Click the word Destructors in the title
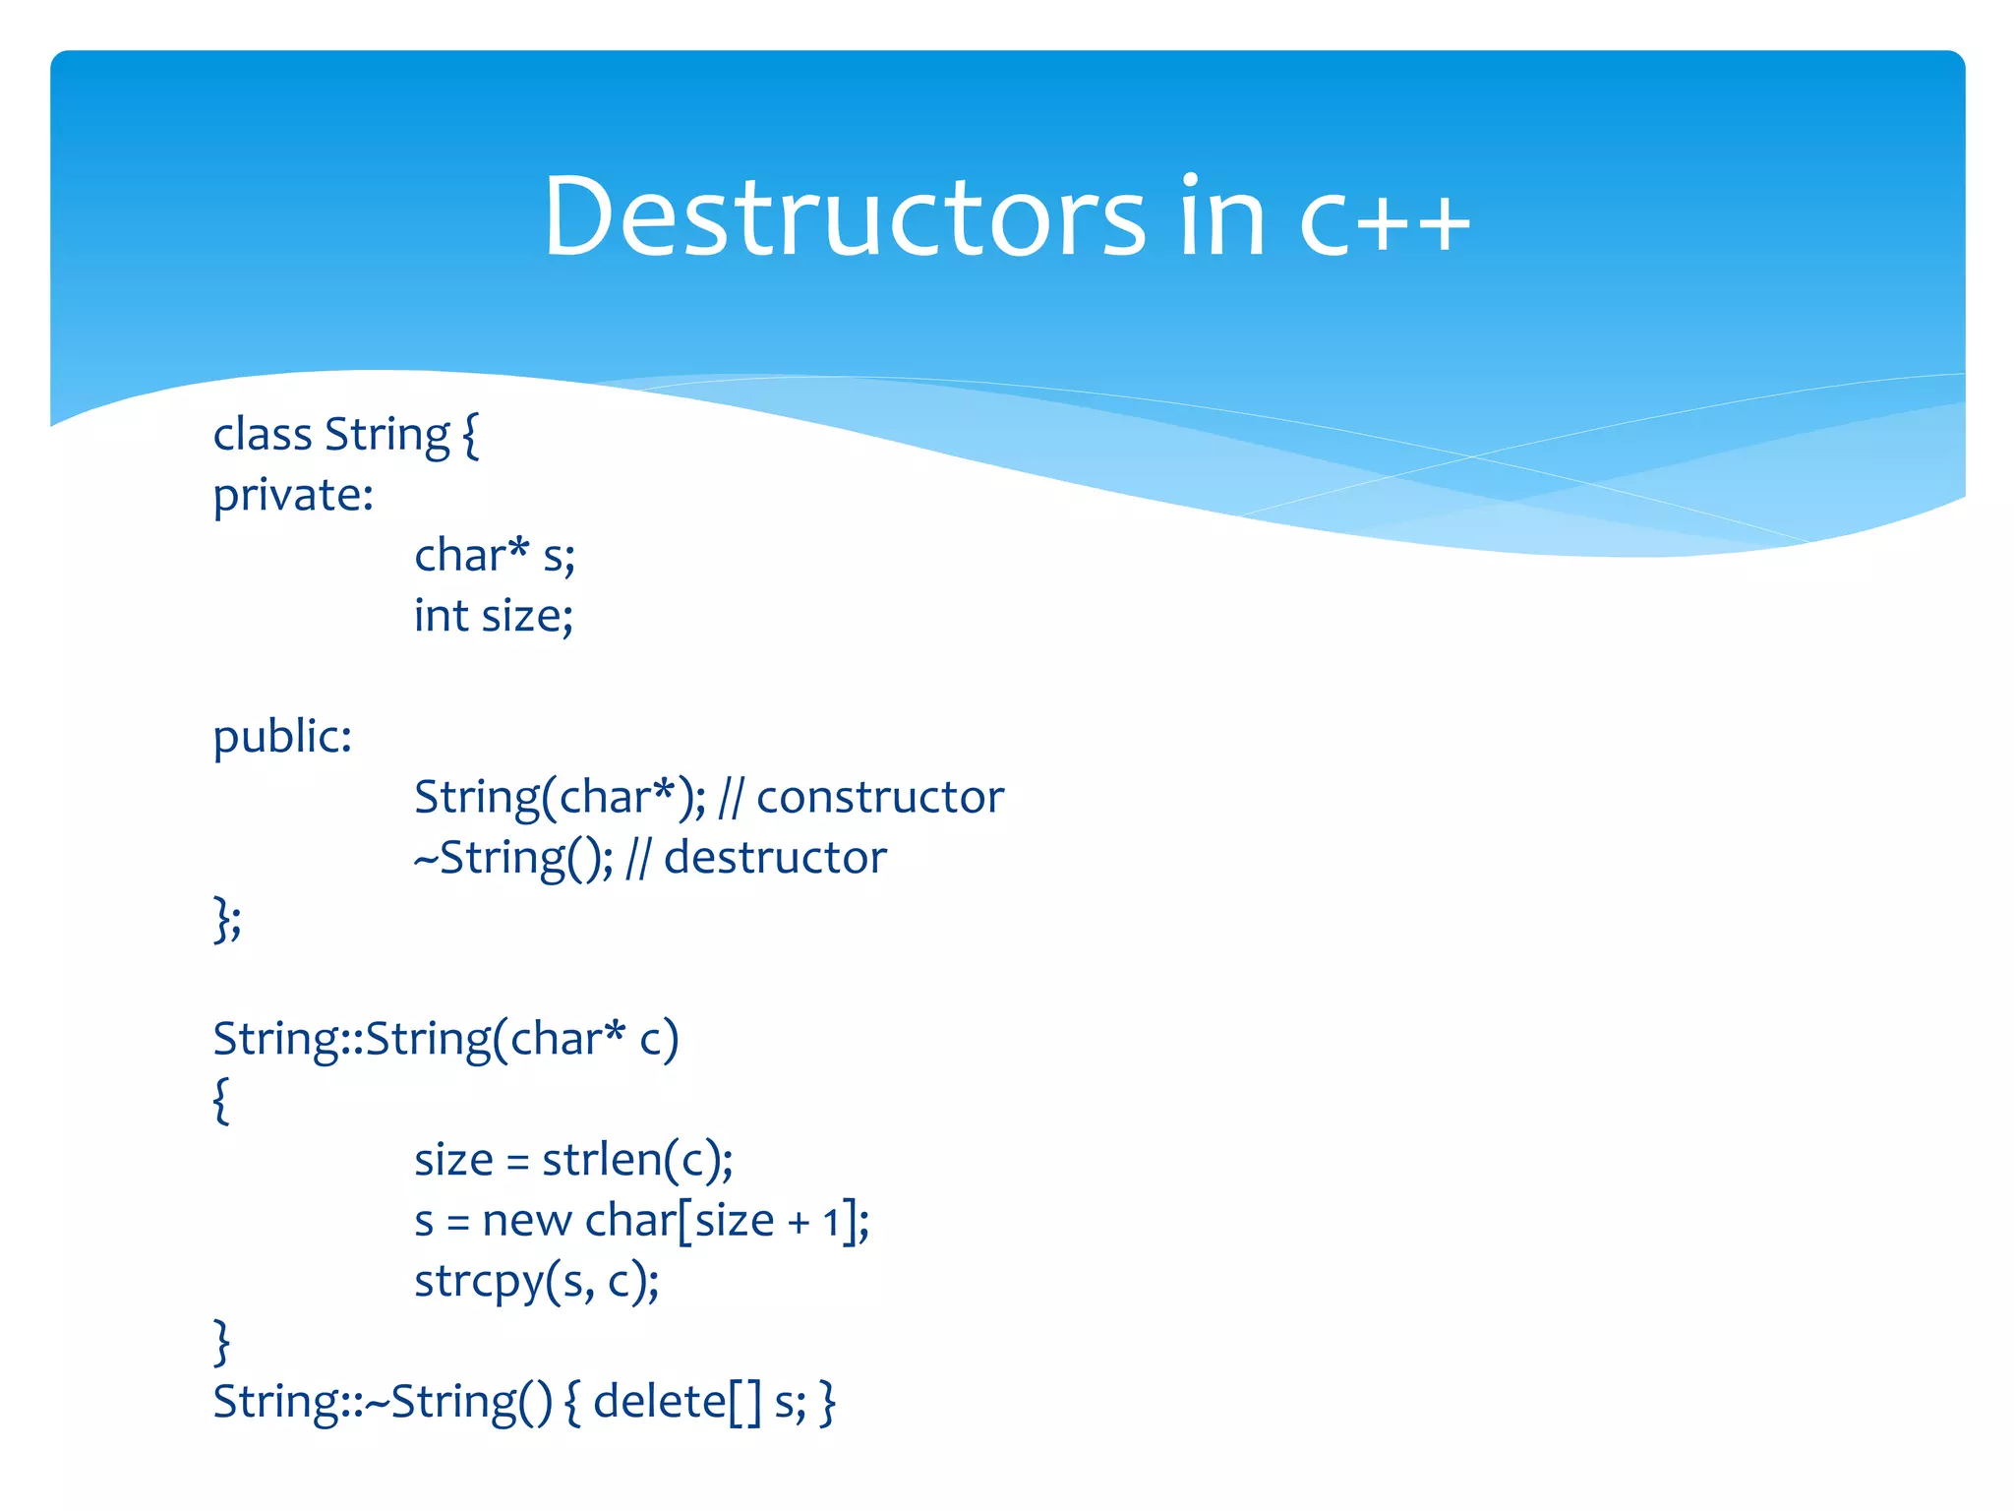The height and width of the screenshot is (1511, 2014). pos(844,216)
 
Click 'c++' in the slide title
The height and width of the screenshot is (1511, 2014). pos(1385,218)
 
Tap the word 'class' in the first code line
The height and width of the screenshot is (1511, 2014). pos(262,435)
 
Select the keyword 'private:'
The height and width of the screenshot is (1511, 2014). pos(293,496)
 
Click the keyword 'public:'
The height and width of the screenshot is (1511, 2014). pos(282,737)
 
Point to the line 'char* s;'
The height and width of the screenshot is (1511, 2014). pos(494,556)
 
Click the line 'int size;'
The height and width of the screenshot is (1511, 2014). pos(494,617)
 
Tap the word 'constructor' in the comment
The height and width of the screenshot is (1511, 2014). pos(880,797)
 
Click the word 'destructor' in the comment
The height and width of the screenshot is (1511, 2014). pos(775,858)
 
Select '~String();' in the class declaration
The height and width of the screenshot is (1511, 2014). pos(513,858)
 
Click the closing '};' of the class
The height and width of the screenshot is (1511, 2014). pos(227,920)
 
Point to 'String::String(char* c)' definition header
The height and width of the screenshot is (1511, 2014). pos(445,1040)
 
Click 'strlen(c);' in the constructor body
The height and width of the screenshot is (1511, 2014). pos(637,1161)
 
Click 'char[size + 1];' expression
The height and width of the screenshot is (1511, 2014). pos(727,1222)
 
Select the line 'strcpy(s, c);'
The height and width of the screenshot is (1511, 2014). pos(537,1282)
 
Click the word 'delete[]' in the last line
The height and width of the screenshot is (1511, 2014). pos(678,1402)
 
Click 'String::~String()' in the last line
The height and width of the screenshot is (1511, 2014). pos(383,1402)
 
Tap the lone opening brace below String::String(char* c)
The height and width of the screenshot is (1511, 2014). pos(221,1100)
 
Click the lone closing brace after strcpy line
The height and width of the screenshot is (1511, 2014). pos(221,1342)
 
